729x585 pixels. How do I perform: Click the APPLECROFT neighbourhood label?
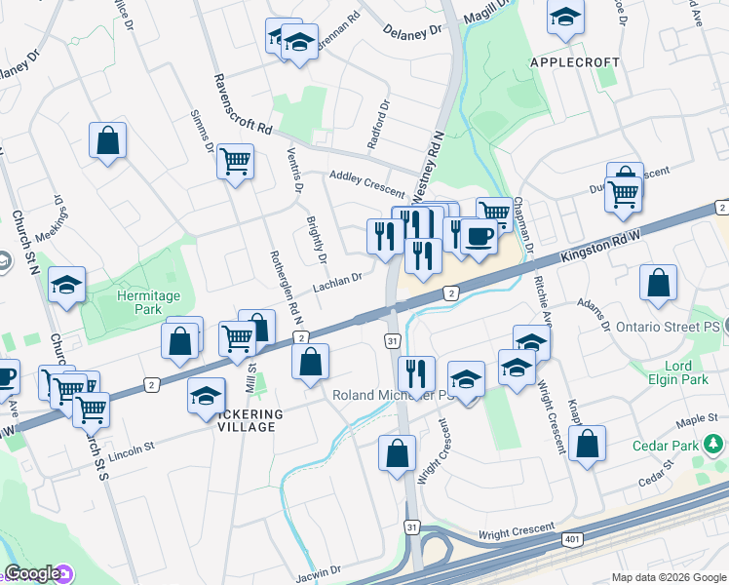tap(574, 61)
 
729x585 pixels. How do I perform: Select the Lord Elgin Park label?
tap(671, 372)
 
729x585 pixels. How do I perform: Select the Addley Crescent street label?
tap(366, 180)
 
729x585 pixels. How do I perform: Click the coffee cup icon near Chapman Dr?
tap(478, 237)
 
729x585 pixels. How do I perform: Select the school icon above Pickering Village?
tap(206, 397)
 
